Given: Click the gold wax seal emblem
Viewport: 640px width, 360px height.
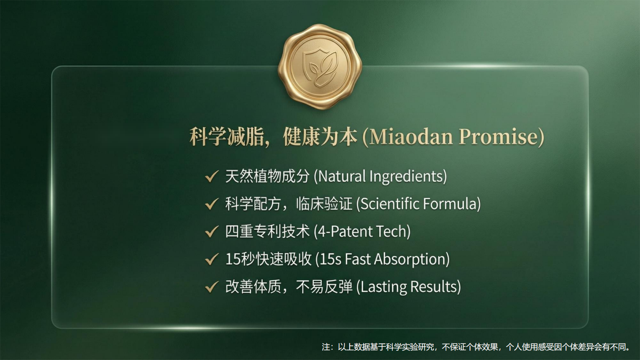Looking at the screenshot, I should (320, 66).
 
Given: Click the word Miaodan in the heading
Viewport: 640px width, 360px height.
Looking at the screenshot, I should (412, 137).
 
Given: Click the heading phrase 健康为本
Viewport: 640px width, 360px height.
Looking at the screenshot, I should (320, 137).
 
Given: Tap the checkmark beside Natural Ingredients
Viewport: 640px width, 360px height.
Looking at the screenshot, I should (211, 176).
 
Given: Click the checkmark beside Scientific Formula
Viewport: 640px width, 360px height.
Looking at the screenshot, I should (211, 204).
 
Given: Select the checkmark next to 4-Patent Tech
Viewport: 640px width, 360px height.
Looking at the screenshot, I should (211, 232).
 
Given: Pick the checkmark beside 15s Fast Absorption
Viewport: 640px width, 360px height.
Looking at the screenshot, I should (211, 259).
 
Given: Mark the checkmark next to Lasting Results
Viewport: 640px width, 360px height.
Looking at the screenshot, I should (211, 287).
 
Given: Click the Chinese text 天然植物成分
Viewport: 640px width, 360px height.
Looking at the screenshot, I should (267, 176).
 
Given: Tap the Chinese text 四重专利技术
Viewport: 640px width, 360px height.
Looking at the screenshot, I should (267, 232).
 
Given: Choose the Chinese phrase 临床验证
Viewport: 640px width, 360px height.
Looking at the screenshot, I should (324, 204).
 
